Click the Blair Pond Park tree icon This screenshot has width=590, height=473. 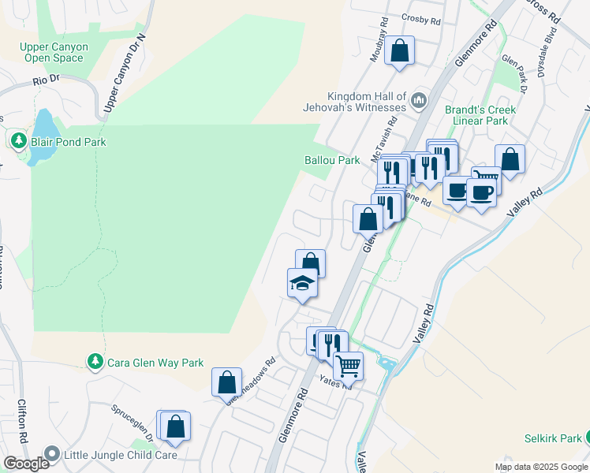[17, 142]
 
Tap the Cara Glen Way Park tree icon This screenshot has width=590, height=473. [95, 362]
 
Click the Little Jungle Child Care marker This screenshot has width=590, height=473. [52, 454]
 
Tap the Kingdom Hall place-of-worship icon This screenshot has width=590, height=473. [418, 102]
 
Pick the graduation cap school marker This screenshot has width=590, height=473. [302, 282]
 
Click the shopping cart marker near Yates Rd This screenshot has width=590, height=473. [348, 365]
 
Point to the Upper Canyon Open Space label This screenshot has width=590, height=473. [54, 52]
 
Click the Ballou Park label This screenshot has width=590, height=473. [332, 160]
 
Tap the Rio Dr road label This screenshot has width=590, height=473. [47, 80]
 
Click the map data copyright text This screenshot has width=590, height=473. [540, 467]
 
